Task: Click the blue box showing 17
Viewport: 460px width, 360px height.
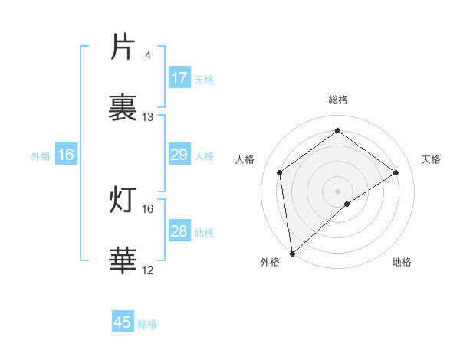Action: (x=179, y=78)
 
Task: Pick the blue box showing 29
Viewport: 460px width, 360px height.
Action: (x=179, y=155)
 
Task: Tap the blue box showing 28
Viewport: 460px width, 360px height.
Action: (x=179, y=232)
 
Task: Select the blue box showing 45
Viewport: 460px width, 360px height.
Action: (x=123, y=322)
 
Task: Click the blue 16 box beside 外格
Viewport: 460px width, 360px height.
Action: (x=66, y=155)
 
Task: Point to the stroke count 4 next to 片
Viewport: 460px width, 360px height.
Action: (x=147, y=57)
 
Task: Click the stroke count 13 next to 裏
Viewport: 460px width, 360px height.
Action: (x=148, y=117)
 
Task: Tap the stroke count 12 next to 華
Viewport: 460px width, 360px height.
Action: (x=148, y=270)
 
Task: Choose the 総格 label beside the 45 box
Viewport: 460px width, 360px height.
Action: (x=147, y=324)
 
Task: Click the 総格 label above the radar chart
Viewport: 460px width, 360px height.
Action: (x=338, y=100)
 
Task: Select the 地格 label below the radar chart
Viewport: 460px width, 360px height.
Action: (x=402, y=262)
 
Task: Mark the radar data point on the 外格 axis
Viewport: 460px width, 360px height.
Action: (x=292, y=253)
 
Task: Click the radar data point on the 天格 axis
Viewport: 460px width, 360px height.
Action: (x=396, y=172)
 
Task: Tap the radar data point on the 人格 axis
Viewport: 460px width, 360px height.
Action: (x=280, y=172)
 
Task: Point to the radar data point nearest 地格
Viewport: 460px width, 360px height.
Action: (x=347, y=204)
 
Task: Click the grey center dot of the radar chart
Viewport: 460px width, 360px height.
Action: (x=338, y=191)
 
